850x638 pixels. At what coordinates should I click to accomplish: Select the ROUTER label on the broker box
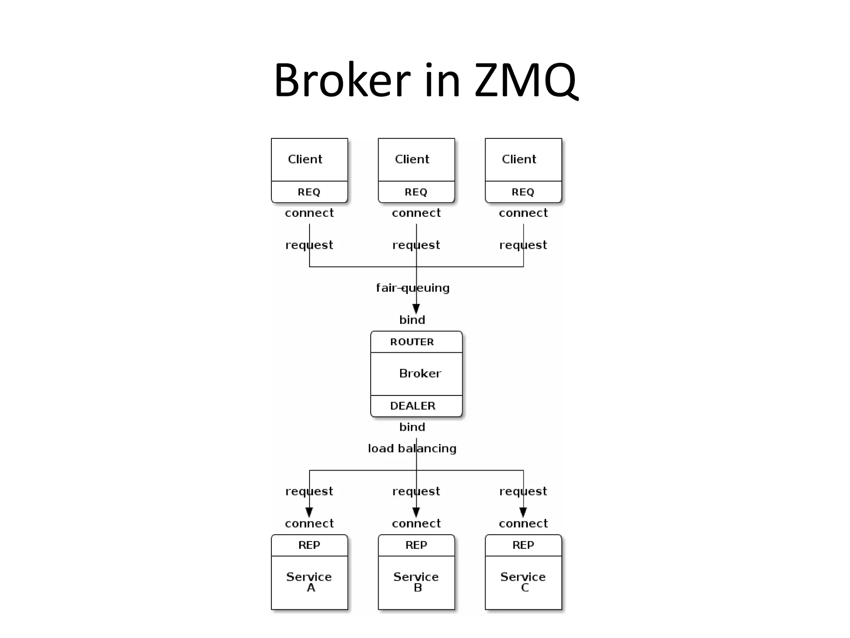pos(412,342)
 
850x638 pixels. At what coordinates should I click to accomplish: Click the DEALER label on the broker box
pos(413,406)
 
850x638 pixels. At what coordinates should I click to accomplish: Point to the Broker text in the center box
pos(420,373)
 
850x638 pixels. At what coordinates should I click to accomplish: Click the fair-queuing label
pos(413,288)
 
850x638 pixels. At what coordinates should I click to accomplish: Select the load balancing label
pos(412,449)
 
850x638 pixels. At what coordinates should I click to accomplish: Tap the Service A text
pos(309,582)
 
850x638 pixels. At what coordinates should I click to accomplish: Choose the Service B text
pos(416,582)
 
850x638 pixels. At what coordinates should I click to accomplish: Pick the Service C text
pos(523,582)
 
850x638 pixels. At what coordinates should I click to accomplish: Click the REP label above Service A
pos(309,545)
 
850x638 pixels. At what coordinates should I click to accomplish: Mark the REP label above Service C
pos(523,545)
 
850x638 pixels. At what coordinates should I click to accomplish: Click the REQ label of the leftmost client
pos(309,192)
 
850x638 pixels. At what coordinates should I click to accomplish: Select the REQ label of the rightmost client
pos(523,192)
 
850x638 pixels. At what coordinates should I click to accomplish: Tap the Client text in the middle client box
pos(412,159)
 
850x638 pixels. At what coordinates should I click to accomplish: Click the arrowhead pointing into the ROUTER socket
pos(416,309)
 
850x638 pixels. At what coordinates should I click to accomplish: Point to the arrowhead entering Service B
pos(416,512)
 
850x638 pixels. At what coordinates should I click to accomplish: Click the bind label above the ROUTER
pos(412,320)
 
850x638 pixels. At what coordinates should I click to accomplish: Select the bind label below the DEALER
pos(412,427)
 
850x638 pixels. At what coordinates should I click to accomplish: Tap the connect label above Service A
pos(309,523)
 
